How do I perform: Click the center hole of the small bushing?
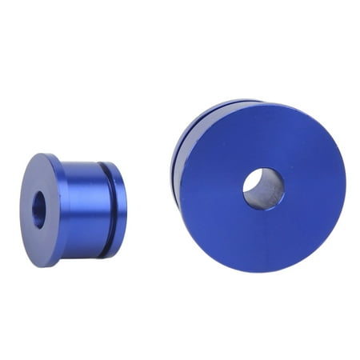point(38,210)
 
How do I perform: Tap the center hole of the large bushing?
point(263,189)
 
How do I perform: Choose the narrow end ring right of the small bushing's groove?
point(118,210)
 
